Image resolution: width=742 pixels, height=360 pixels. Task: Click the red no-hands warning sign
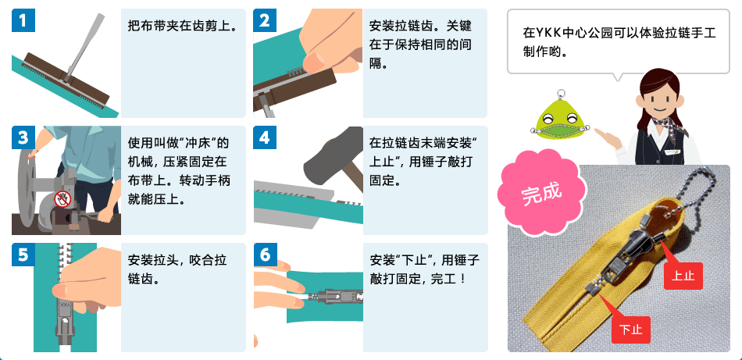point(62,199)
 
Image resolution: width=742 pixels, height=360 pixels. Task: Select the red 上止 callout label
point(683,276)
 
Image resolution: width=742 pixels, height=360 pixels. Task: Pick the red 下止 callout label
point(631,330)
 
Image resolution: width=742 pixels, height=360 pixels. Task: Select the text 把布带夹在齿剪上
point(182,26)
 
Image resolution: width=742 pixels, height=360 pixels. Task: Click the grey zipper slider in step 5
point(65,317)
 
